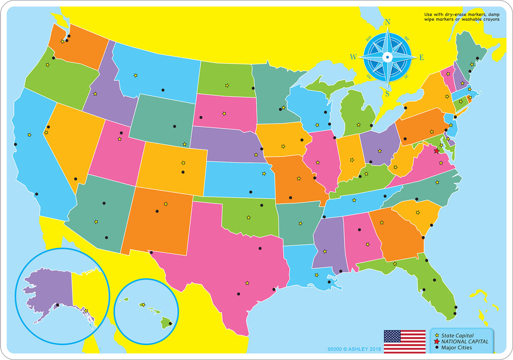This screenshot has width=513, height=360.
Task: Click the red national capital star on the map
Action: click(x=436, y=151)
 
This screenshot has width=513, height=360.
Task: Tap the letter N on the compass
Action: click(x=388, y=22)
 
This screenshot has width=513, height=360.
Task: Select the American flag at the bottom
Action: click(x=404, y=341)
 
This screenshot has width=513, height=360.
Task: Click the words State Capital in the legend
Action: click(x=457, y=335)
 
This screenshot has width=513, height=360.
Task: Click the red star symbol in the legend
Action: click(x=437, y=341)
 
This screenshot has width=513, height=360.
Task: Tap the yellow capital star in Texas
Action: click(x=247, y=283)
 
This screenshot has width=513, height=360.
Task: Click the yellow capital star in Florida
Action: click(x=394, y=264)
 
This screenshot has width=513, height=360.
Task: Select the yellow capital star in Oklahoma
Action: click(x=249, y=217)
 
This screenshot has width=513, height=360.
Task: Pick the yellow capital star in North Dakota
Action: click(x=227, y=85)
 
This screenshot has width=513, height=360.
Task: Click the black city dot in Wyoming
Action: click(x=175, y=127)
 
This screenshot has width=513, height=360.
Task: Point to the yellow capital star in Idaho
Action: click(x=95, y=93)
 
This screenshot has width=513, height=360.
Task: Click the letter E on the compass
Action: click(x=421, y=57)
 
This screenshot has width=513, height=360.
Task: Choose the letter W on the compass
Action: click(x=353, y=57)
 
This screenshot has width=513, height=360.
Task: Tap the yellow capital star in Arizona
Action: click(x=96, y=222)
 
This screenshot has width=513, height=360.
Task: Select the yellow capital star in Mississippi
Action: click(x=325, y=251)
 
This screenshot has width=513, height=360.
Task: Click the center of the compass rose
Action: click(x=388, y=57)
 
